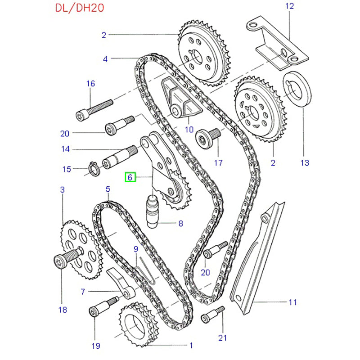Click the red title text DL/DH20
pos(76,9)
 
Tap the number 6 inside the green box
pos(130,177)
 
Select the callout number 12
pos(289,6)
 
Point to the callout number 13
pos(306,162)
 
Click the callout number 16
pos(90,83)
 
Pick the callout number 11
pos(293,302)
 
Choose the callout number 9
pos(135,249)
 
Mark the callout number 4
pos(105,58)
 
